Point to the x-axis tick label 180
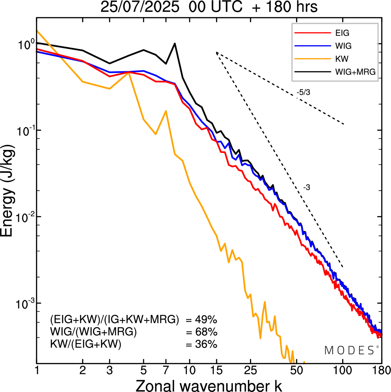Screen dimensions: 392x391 click(382, 371)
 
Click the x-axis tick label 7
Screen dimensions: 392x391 click(166, 371)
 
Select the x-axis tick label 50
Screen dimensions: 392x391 click(295, 371)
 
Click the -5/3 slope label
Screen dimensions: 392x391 click(303, 92)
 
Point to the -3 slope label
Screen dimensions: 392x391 click(307, 188)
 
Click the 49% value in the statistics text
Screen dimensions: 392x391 click(206, 320)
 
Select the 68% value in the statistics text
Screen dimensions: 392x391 click(206, 332)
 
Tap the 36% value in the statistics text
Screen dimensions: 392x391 click(206, 344)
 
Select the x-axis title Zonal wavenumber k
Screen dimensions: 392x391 click(209, 385)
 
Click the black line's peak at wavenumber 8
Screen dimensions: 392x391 click(175, 43)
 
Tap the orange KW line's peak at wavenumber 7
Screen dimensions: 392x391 click(166, 111)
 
